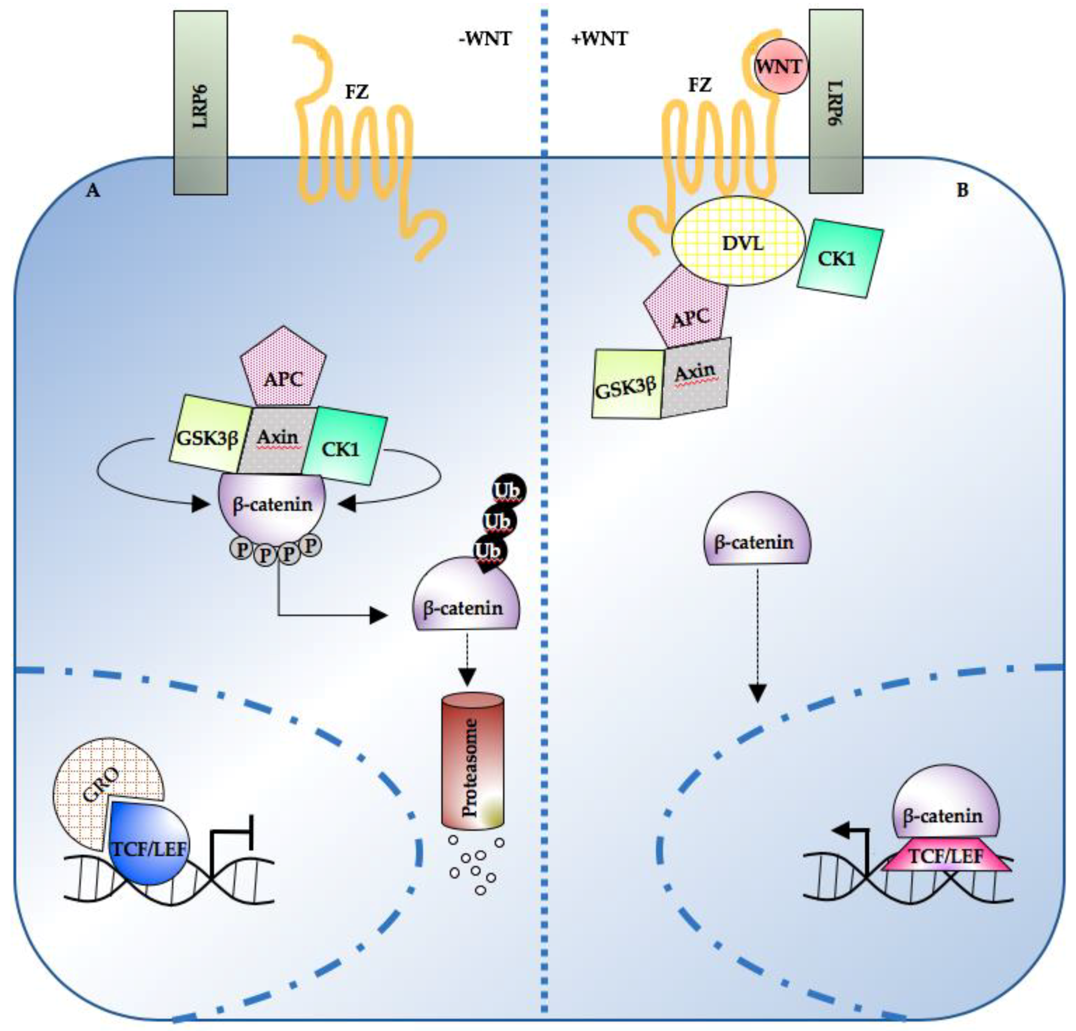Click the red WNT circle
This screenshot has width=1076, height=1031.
779,66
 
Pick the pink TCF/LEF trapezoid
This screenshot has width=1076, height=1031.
947,857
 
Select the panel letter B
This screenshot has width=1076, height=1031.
962,191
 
